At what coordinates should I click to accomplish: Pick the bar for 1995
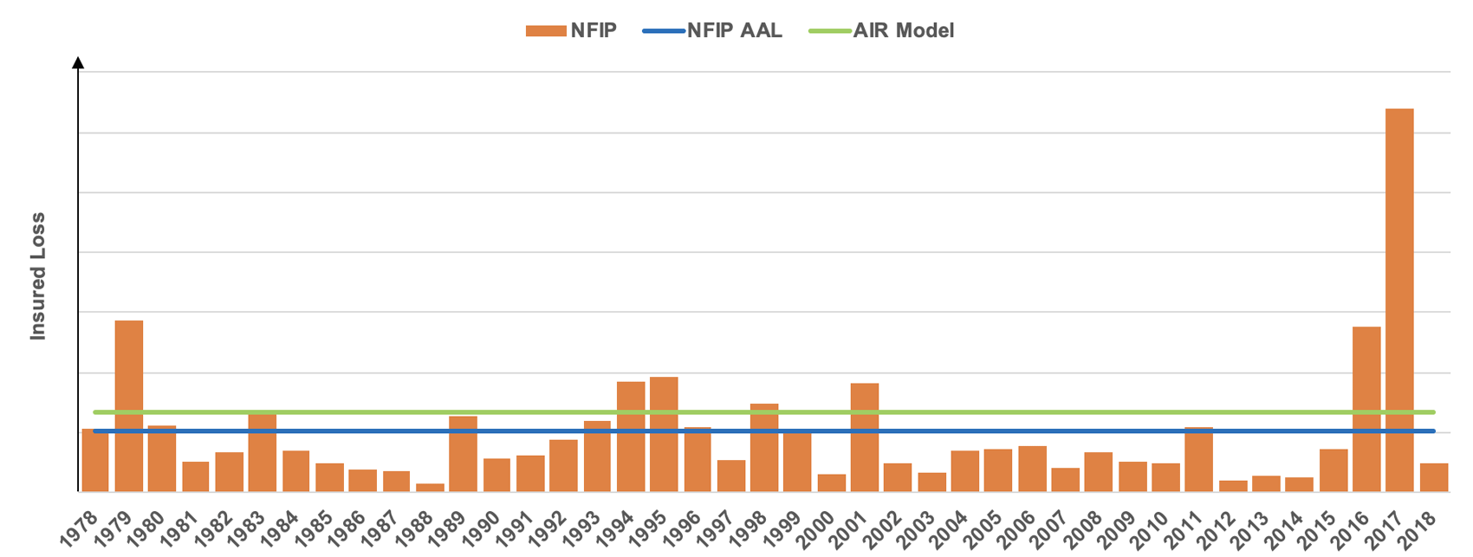(664, 433)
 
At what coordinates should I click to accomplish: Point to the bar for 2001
(865, 437)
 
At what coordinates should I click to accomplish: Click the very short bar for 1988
(430, 487)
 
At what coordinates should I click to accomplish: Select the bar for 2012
(1233, 486)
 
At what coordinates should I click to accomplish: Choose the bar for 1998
(764, 447)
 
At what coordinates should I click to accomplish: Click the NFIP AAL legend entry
(712, 31)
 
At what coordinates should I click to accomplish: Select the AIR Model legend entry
(881, 31)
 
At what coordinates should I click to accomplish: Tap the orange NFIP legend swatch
(546, 31)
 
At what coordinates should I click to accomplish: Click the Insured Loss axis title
(38, 275)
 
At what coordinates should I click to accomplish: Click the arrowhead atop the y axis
(78, 62)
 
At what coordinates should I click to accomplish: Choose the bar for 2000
(832, 483)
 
